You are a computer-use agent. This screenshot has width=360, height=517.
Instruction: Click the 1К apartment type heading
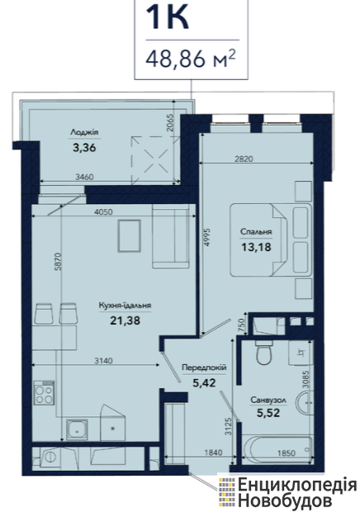coord(168,17)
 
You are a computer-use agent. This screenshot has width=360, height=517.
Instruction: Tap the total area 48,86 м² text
coord(191,59)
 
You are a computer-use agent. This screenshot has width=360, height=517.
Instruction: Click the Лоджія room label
coord(84,132)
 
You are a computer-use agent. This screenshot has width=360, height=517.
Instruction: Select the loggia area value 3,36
coord(84,147)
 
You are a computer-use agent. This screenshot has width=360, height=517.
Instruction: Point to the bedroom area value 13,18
coord(256,247)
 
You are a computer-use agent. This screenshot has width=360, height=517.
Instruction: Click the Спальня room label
coord(256,231)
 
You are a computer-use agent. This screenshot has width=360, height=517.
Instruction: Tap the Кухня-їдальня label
coord(125,306)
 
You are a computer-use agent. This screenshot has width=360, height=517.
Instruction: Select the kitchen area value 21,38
coord(125,320)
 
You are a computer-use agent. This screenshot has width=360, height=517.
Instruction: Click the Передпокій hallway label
coord(204,368)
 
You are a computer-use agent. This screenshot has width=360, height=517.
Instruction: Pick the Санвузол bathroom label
coord(268,401)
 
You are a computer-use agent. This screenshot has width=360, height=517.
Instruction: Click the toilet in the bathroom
coord(263,353)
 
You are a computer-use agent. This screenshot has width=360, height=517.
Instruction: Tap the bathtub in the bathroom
coord(277,450)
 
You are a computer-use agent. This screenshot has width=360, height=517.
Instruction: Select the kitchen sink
coord(77,429)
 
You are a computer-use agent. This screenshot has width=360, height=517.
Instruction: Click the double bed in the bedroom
coord(271,240)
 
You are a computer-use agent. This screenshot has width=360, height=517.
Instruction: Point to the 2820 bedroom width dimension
coord(244,159)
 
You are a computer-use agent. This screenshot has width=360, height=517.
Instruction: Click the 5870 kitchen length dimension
coord(58,262)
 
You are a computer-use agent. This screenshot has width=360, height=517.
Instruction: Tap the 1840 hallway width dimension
coord(213,453)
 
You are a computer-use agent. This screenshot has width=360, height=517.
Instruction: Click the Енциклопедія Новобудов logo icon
coord(227,492)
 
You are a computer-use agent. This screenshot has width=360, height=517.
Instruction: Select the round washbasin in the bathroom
coord(304,402)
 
